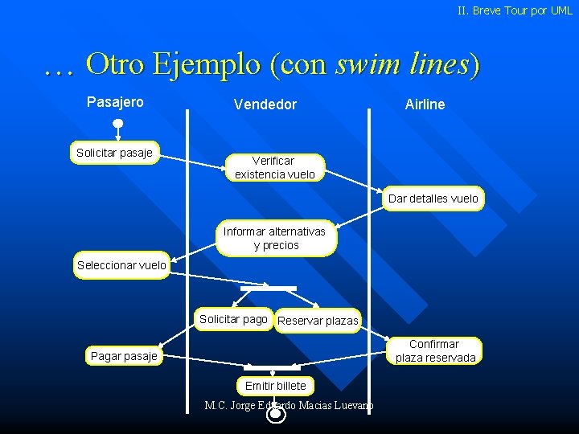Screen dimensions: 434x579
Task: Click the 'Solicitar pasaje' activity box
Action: coord(114,153)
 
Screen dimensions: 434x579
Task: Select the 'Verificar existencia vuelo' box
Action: coord(274,167)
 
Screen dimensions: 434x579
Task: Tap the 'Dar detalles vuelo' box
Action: coord(433,199)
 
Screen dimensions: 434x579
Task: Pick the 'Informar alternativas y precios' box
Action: coord(274,238)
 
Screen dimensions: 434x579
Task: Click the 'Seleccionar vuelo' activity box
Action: coord(121,265)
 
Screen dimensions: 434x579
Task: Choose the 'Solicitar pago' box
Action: coord(233,319)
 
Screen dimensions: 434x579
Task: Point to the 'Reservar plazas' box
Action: coord(318,321)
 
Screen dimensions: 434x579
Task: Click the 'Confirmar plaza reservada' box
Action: coord(435,350)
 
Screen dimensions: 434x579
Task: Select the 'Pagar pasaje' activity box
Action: coord(124,355)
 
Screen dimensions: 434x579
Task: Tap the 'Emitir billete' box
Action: coord(275,386)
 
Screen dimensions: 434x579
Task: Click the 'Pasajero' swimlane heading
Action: coord(115,102)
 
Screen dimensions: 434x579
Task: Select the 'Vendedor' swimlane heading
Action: coord(265,104)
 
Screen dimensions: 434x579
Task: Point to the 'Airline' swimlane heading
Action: coord(425,104)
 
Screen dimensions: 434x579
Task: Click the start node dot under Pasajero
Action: coord(117,124)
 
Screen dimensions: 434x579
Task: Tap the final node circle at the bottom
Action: coord(276,415)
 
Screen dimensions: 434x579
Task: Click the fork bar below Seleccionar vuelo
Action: coord(269,288)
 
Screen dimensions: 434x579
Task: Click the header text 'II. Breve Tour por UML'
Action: coord(515,10)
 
